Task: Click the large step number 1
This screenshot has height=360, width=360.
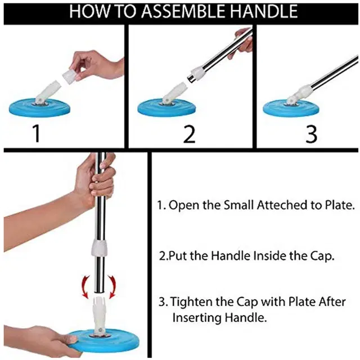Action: (x=36, y=134)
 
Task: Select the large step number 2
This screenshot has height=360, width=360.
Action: (x=189, y=134)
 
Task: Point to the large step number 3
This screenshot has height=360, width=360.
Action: (x=311, y=134)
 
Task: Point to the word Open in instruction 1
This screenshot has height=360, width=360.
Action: (x=181, y=205)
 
